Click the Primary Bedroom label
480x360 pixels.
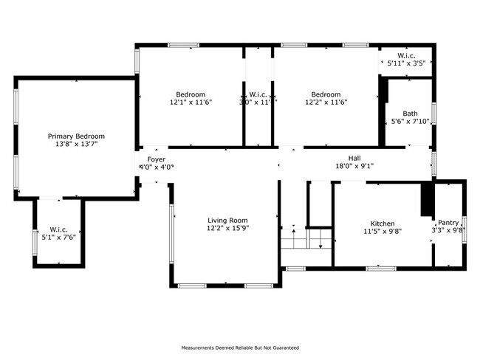76,136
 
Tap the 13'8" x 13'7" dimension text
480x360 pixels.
76,145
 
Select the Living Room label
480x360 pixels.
227,221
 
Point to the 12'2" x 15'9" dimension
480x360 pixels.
227,229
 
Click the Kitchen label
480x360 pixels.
382,224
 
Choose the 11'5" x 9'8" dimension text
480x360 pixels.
382,232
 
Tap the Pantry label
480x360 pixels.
448,223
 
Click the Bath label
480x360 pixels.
410,114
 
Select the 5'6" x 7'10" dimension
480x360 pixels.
410,122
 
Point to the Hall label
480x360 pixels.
355,158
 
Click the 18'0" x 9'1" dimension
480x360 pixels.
355,166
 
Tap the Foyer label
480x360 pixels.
156,159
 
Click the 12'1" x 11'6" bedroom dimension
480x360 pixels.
191,103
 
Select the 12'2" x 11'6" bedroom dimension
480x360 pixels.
325,103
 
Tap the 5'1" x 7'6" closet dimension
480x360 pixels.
58,237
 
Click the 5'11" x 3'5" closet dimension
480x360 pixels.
406,64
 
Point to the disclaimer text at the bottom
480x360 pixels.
240,347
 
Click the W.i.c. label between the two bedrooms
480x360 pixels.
258,94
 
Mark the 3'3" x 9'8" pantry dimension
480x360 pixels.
448,231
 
